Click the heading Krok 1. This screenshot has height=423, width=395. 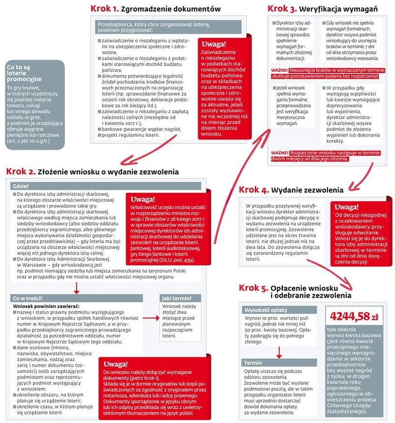pyautogui.click(x=105, y=9)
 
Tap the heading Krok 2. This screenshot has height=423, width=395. pyautogui.click(x=20, y=172)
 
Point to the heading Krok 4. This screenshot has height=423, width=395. pyautogui.click(x=254, y=189)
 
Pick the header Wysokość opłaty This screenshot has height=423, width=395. pyautogui.click(x=265, y=310)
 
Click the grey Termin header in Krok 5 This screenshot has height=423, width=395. pyautogui.click(x=253, y=363)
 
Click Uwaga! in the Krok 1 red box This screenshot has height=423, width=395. pyautogui.click(x=214, y=44)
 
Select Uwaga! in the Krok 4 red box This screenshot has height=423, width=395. pyautogui.click(x=346, y=207)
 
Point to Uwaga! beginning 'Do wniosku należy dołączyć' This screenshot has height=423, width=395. pyautogui.click(x=115, y=364)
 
